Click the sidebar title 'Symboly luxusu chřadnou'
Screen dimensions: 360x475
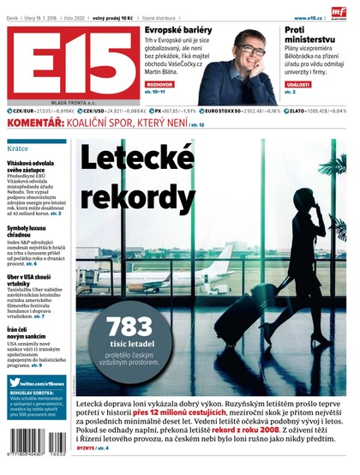(x=31, y=232)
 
